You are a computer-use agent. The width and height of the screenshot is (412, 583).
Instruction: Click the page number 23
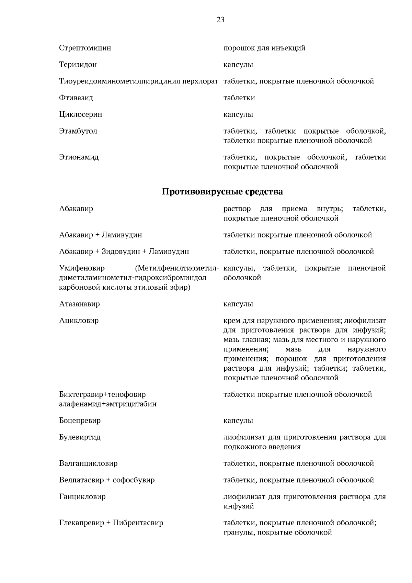[x=220, y=20]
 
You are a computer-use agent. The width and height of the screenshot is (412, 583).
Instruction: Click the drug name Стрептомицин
[x=85, y=48]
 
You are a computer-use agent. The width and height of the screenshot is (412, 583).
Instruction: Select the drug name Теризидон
[x=78, y=65]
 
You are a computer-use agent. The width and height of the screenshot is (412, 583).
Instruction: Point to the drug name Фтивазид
[x=76, y=98]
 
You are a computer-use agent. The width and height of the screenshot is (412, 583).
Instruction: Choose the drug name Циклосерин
[x=80, y=114]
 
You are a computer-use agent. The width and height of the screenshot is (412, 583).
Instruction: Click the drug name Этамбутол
[x=78, y=131]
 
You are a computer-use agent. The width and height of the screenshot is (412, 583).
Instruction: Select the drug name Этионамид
[x=79, y=157]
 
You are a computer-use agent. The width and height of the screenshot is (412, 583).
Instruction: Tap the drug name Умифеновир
[x=82, y=268]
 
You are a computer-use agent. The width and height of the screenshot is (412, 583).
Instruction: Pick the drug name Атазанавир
[x=79, y=304]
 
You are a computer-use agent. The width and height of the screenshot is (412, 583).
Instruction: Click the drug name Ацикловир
[x=79, y=321]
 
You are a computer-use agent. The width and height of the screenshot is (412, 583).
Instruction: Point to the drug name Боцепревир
[x=80, y=421]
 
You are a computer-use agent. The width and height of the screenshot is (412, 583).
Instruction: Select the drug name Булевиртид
[x=80, y=437]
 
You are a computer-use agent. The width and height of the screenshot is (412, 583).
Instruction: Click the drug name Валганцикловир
[x=88, y=463]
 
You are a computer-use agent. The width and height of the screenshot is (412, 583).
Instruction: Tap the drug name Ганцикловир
[x=82, y=497]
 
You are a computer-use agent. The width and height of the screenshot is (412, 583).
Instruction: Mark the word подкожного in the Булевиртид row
[x=244, y=447]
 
